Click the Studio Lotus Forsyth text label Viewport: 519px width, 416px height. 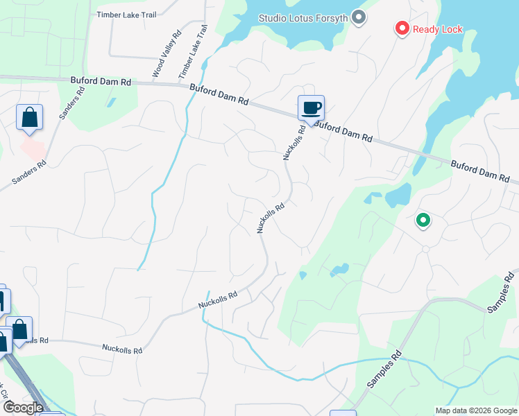pos(303,17)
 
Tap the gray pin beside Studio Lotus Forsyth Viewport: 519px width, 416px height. pos(359,17)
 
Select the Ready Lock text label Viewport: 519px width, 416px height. pos(437,29)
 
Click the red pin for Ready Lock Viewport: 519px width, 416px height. pos(402,28)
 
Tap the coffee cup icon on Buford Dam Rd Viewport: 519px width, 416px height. pos(311,107)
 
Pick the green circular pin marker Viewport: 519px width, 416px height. pos(423,221)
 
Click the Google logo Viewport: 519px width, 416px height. pos(22,407)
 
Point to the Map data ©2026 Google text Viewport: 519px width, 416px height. pos(475,410)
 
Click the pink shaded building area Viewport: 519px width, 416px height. pos(33,146)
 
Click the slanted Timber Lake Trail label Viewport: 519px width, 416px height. pos(194,52)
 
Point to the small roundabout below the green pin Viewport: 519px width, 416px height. pos(425,249)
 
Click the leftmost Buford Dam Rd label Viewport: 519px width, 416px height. pos(101,81)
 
